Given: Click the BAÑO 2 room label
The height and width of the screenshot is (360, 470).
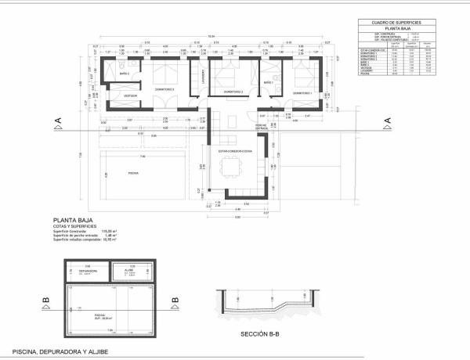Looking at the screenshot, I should [125, 73].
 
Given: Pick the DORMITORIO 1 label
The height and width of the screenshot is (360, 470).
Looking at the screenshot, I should [302, 94].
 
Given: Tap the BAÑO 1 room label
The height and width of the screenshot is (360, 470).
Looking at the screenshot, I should [269, 81].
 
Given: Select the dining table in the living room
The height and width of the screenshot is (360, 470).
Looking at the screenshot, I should [232, 167].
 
